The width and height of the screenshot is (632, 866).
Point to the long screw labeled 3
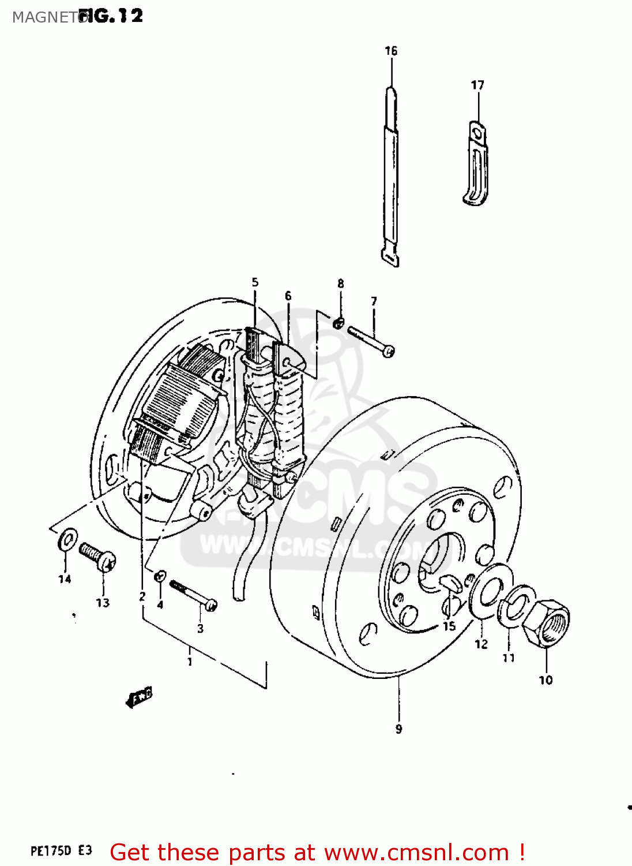[193, 595]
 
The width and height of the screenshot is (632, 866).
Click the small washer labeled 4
[160, 575]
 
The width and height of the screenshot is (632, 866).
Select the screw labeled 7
[371, 341]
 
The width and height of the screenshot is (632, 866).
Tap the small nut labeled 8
[339, 322]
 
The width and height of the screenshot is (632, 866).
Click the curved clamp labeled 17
[477, 164]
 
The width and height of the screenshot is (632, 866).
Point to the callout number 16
[391, 51]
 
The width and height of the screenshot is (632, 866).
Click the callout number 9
[398, 729]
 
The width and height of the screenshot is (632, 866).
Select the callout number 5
[255, 282]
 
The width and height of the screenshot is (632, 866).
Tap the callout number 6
[288, 296]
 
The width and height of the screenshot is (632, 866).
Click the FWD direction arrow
[140, 696]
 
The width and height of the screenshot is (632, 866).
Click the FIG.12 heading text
[111, 16]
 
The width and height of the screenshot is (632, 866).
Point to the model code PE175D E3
[61, 851]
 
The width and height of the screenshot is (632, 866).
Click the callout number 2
[142, 597]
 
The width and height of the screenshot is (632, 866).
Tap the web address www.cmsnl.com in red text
[416, 853]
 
